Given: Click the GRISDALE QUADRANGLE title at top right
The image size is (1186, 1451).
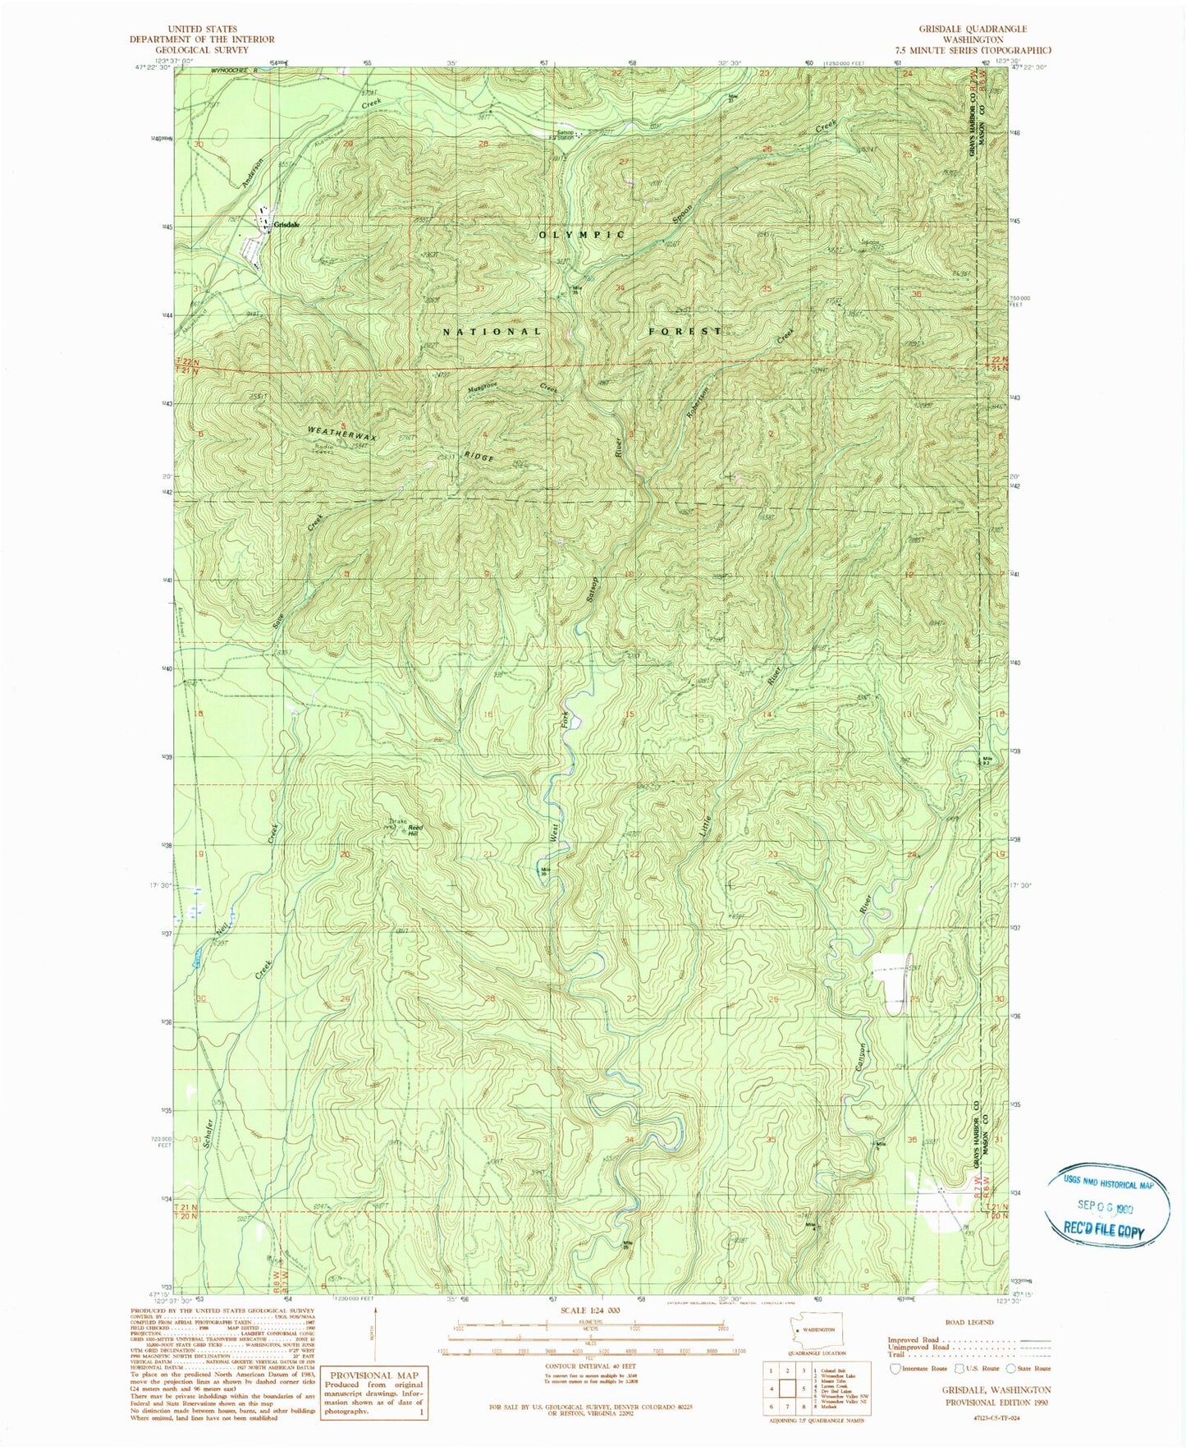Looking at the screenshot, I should [x=962, y=29].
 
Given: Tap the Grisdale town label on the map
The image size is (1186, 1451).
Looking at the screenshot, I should [x=286, y=225].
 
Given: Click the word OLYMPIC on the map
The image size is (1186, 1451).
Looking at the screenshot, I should [x=582, y=235].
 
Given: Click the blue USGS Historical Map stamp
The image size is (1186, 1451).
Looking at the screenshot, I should [x=1104, y=1205].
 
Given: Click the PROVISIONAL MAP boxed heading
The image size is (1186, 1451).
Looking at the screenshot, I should [x=373, y=1375].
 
